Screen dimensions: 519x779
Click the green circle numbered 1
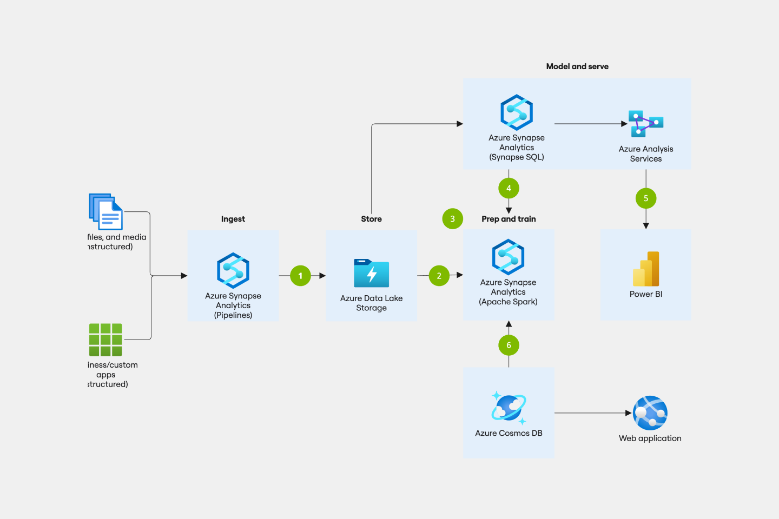(300, 276)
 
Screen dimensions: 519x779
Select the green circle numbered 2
(439, 276)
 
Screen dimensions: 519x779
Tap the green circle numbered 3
(452, 219)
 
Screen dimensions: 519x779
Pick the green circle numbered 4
(509, 188)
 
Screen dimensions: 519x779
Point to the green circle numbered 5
(645, 198)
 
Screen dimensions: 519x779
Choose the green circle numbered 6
(509, 345)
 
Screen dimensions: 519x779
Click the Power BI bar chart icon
(646, 269)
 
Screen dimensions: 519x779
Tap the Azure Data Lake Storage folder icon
(371, 273)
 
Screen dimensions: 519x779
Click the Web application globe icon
(650, 413)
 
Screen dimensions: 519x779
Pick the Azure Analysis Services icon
(645, 124)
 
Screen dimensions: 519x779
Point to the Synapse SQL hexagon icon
(517, 112)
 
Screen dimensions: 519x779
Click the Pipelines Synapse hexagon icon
(233, 270)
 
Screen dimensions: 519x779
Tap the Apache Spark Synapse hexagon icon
(508, 257)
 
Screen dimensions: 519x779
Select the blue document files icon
(106, 211)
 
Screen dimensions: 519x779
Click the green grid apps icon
(105, 340)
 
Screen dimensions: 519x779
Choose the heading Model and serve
(577, 66)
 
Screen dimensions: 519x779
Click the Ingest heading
(233, 219)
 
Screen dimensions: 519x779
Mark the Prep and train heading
(509, 219)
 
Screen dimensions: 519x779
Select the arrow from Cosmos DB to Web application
(592, 413)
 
